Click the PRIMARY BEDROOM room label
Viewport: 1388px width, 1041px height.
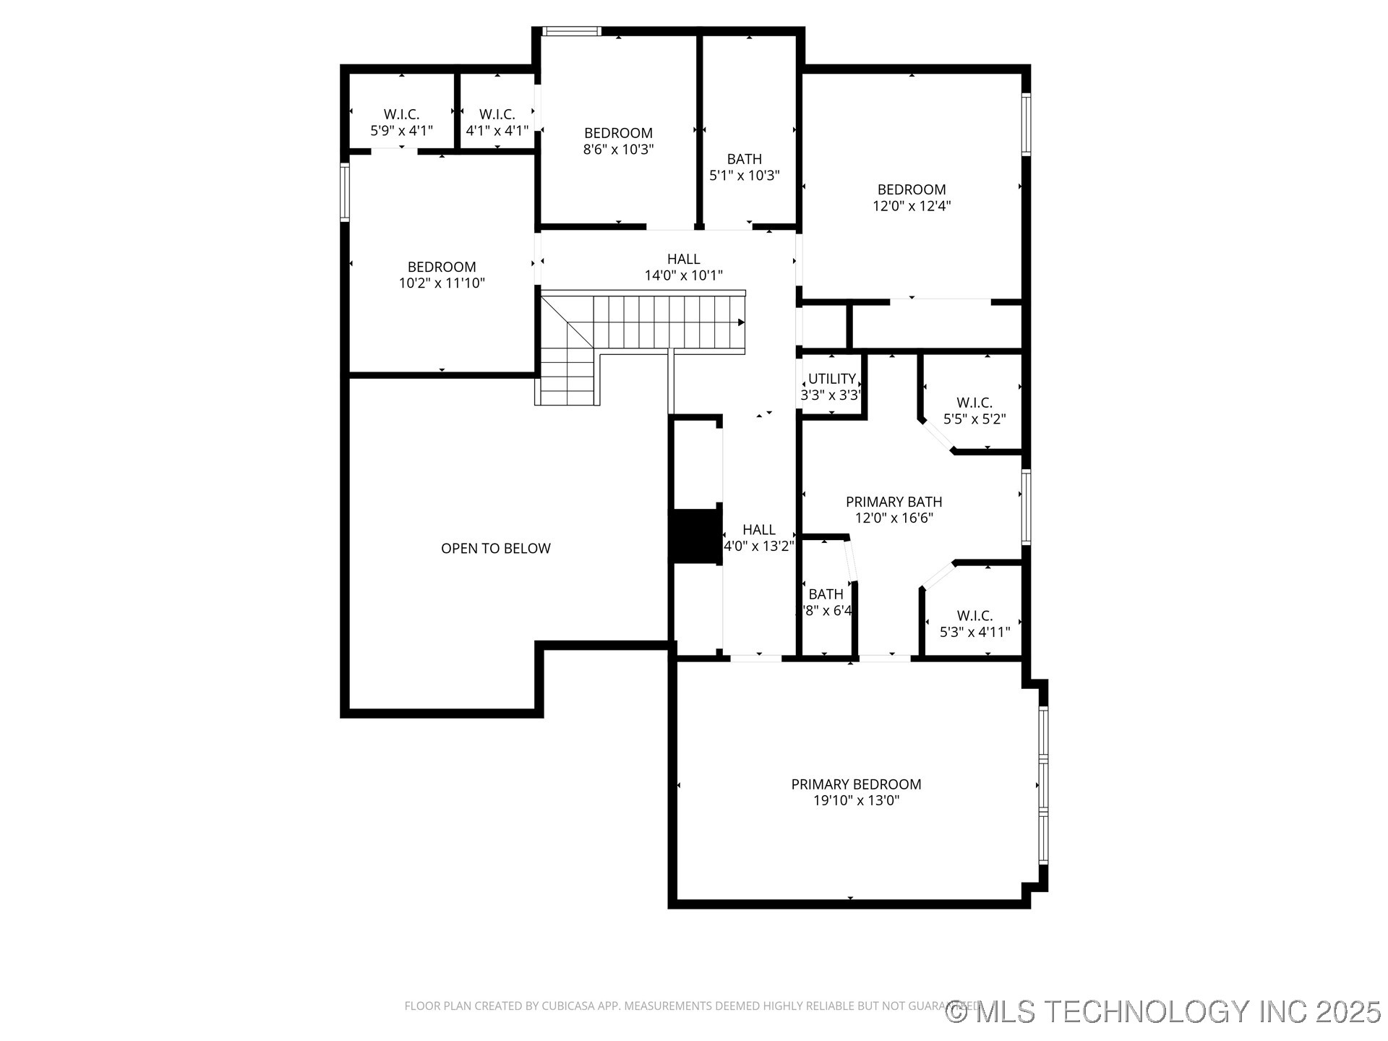point(856,784)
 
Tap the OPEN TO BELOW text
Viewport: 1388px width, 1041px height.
point(496,549)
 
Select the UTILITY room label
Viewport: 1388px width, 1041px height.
point(832,379)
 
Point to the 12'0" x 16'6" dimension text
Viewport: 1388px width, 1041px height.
point(894,518)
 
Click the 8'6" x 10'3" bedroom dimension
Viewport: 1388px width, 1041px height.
point(618,150)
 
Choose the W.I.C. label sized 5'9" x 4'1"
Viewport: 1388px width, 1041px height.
point(401,114)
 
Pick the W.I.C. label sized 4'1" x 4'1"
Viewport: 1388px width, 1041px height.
point(497,114)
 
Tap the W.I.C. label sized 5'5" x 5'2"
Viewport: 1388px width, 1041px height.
point(974,403)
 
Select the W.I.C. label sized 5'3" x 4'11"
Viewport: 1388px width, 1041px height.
point(974,616)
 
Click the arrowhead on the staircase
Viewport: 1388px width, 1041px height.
point(741,323)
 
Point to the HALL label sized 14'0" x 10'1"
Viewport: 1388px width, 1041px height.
point(683,259)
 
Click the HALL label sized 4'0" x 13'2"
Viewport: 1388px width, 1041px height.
point(759,530)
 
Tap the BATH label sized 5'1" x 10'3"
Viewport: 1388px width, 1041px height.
point(745,159)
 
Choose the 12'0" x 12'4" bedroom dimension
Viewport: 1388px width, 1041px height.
point(912,206)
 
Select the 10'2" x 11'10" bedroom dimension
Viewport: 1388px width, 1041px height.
point(442,283)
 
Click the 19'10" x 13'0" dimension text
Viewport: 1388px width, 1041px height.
point(856,801)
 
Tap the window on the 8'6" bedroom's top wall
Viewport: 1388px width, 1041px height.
point(572,31)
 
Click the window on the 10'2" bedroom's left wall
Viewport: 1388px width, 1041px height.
point(345,192)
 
